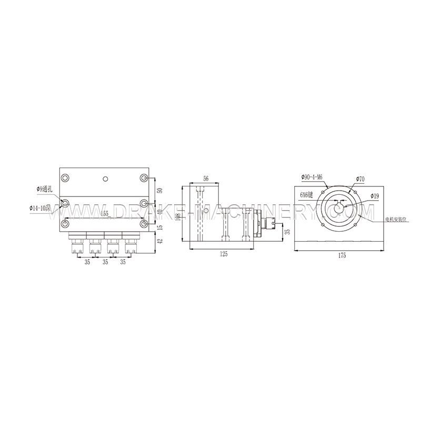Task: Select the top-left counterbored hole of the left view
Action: pos(65,178)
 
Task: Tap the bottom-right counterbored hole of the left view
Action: pos(144,224)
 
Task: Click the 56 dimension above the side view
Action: pos(206,179)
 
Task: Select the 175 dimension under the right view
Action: pos(343,255)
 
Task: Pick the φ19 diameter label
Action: pos(375,195)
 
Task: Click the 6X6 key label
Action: pos(307,195)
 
